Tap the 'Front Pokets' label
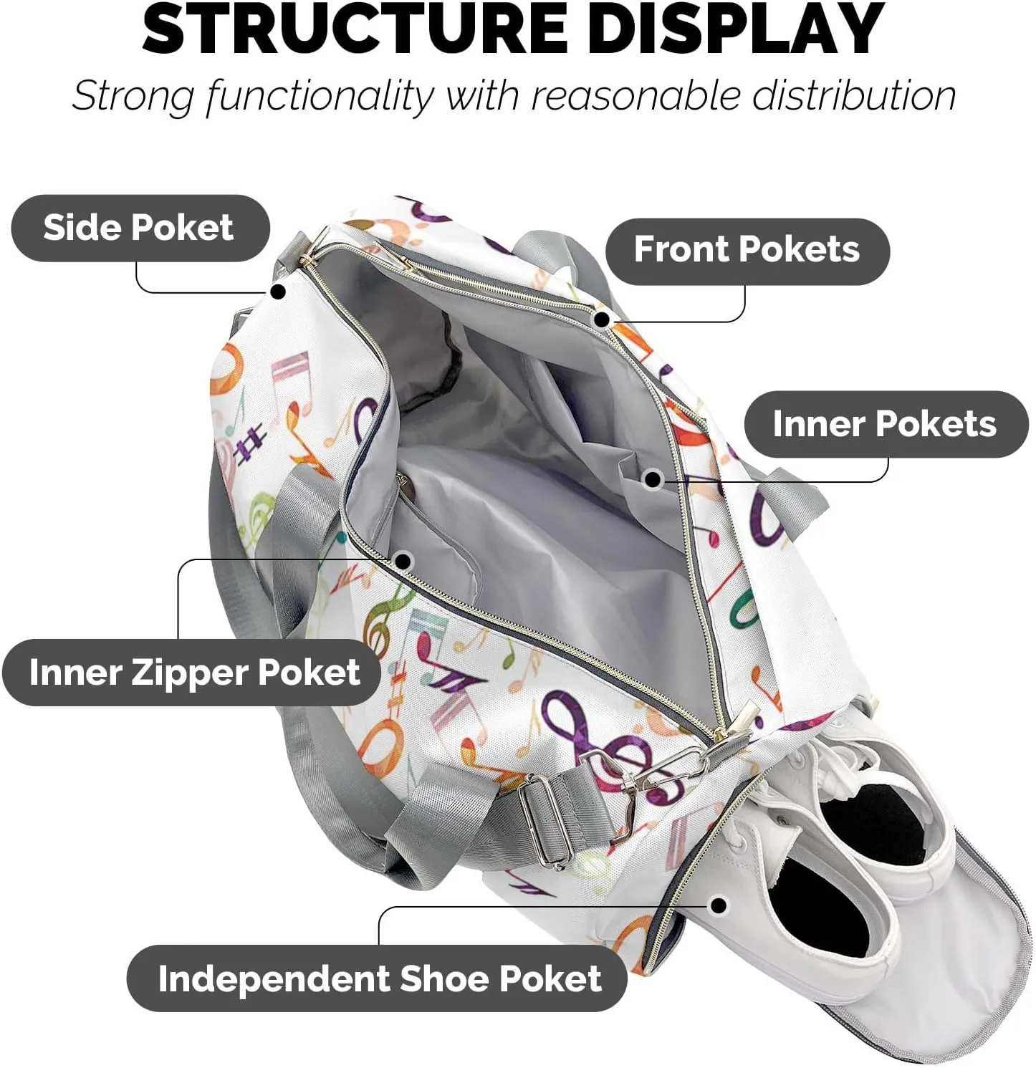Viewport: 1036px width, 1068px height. (747, 250)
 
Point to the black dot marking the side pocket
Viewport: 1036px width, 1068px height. (279, 292)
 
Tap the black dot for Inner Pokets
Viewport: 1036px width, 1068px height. (653, 479)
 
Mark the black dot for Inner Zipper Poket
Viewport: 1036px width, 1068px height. (403, 561)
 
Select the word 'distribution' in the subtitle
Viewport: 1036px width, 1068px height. (853, 95)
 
